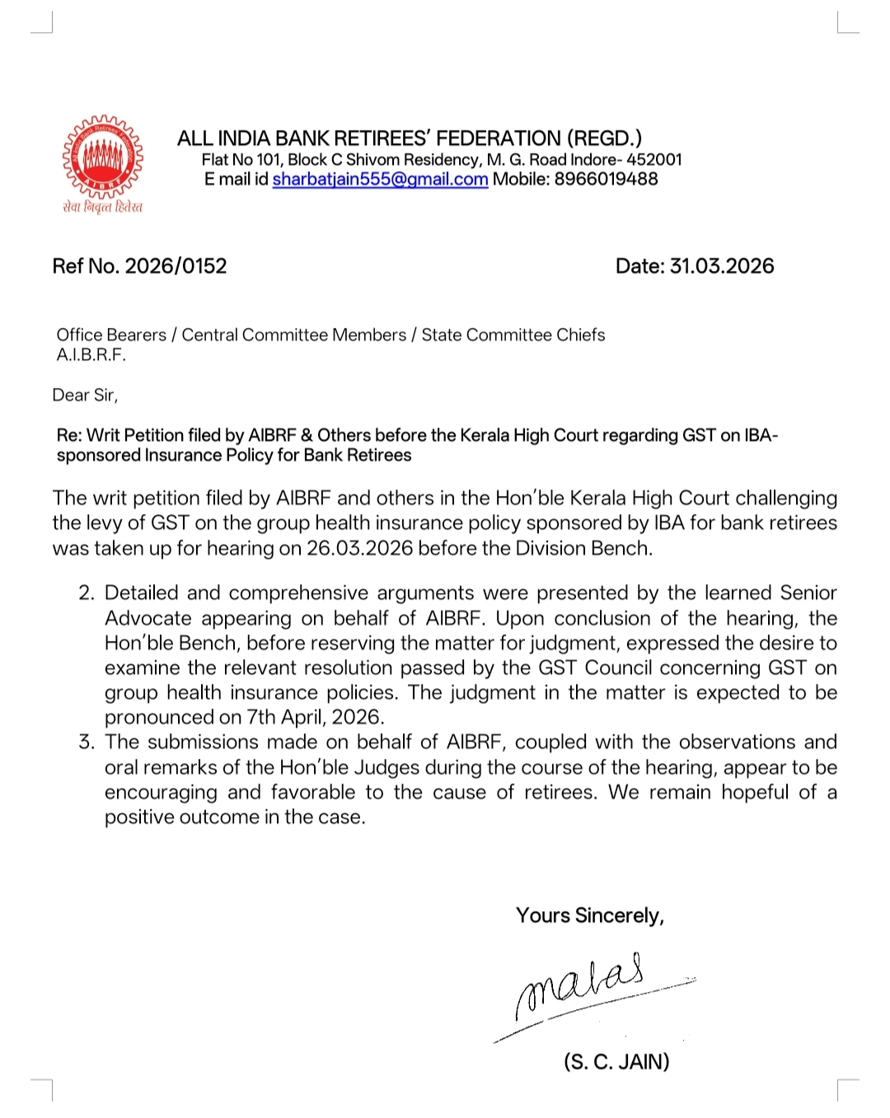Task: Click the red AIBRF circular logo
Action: tap(103, 157)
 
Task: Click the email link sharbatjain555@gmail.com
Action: tap(380, 180)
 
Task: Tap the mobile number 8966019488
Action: tap(606, 180)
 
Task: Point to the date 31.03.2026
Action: tap(722, 266)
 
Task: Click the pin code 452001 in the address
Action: tap(654, 160)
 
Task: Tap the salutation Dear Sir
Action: tap(84, 395)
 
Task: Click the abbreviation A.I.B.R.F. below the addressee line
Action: tap(91, 355)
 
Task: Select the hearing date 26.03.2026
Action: tap(359, 549)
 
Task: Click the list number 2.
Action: tap(87, 593)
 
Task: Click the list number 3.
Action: tap(87, 742)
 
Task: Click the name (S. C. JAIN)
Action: tap(616, 1062)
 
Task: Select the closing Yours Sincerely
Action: tap(590, 916)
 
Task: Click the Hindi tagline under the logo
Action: tap(103, 207)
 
